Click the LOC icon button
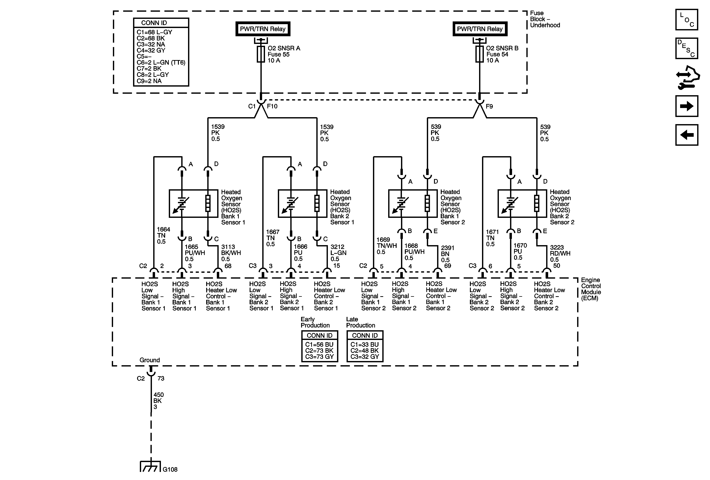coord(687,20)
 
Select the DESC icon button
coord(687,48)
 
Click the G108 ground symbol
coord(150,466)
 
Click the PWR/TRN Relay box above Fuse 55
coord(263,29)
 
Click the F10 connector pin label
coord(272,106)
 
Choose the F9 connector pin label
coord(489,106)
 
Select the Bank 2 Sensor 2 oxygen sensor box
coord(522,204)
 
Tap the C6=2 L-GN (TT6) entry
coord(161,63)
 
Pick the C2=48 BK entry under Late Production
coord(365,351)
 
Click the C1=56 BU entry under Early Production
coord(319,345)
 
